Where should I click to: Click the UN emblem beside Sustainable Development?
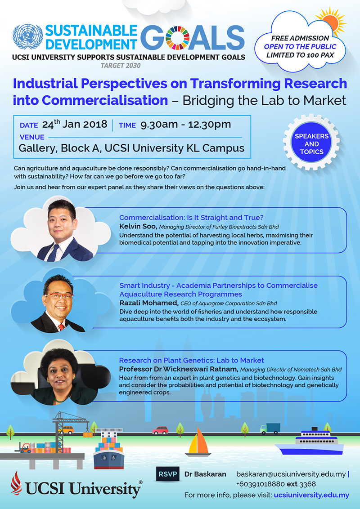click(x=27, y=36)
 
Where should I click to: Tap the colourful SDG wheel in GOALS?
click(x=177, y=38)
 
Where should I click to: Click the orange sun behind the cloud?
click(x=331, y=22)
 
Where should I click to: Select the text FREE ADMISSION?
click(x=300, y=38)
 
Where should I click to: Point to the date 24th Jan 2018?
click(x=75, y=125)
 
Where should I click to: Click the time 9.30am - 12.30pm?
click(x=185, y=125)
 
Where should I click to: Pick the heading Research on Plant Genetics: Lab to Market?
click(x=191, y=360)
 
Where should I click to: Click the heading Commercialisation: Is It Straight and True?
click(x=191, y=217)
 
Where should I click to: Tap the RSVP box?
click(x=168, y=474)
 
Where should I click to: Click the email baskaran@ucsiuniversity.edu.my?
click(x=291, y=474)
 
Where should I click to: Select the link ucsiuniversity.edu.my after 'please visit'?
click(x=311, y=495)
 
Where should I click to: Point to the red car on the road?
click(x=160, y=430)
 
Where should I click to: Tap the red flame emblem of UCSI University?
click(x=16, y=483)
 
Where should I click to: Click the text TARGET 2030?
click(x=121, y=66)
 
